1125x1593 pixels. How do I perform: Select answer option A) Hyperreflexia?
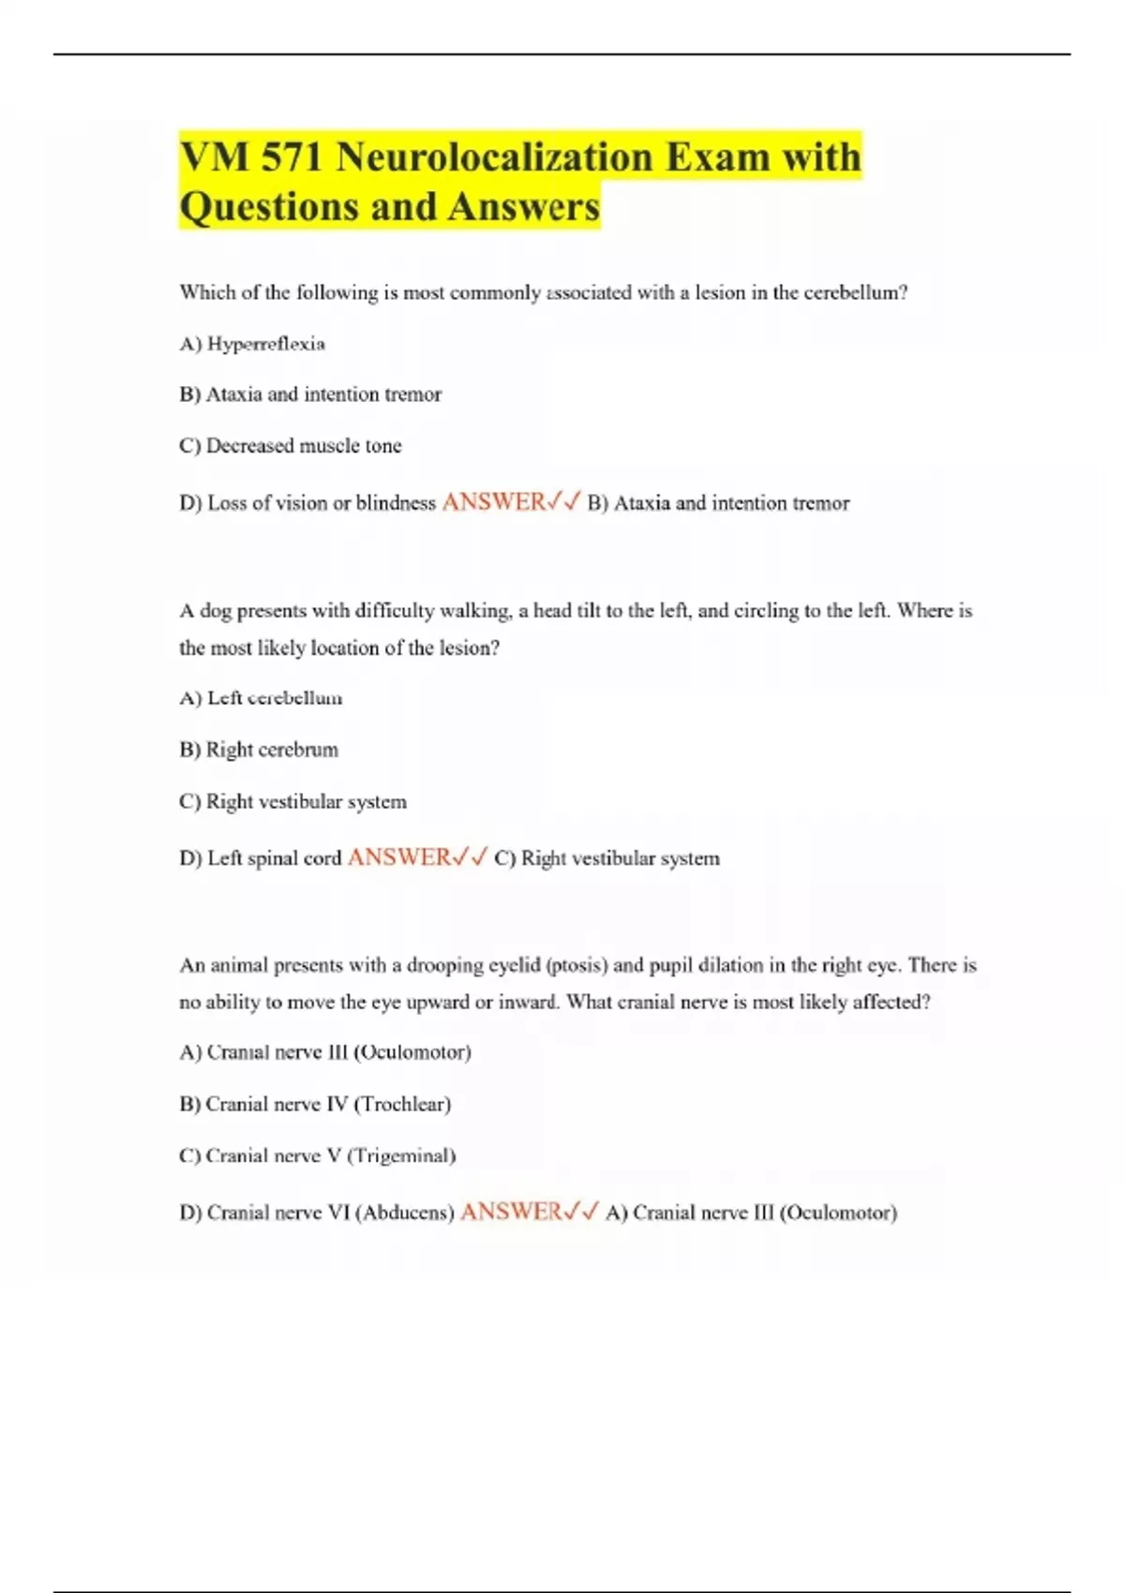pos(252,344)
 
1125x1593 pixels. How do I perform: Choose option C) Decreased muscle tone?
pos(290,446)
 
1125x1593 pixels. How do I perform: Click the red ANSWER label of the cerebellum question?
pos(493,502)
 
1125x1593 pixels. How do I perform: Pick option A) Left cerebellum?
pos(261,698)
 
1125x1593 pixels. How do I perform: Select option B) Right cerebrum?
pos(259,750)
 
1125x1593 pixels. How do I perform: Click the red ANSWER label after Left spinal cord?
pos(399,857)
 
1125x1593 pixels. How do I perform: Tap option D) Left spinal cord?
pos(261,858)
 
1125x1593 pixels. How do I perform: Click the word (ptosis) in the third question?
pos(576,965)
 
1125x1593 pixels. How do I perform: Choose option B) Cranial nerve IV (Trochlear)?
pos(315,1104)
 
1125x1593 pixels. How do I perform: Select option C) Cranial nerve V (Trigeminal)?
pos(317,1155)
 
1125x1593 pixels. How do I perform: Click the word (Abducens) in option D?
pos(404,1213)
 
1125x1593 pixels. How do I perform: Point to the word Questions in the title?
pos(270,207)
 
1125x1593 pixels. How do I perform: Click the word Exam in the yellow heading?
pos(717,156)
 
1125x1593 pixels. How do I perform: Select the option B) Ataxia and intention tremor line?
pos(310,395)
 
